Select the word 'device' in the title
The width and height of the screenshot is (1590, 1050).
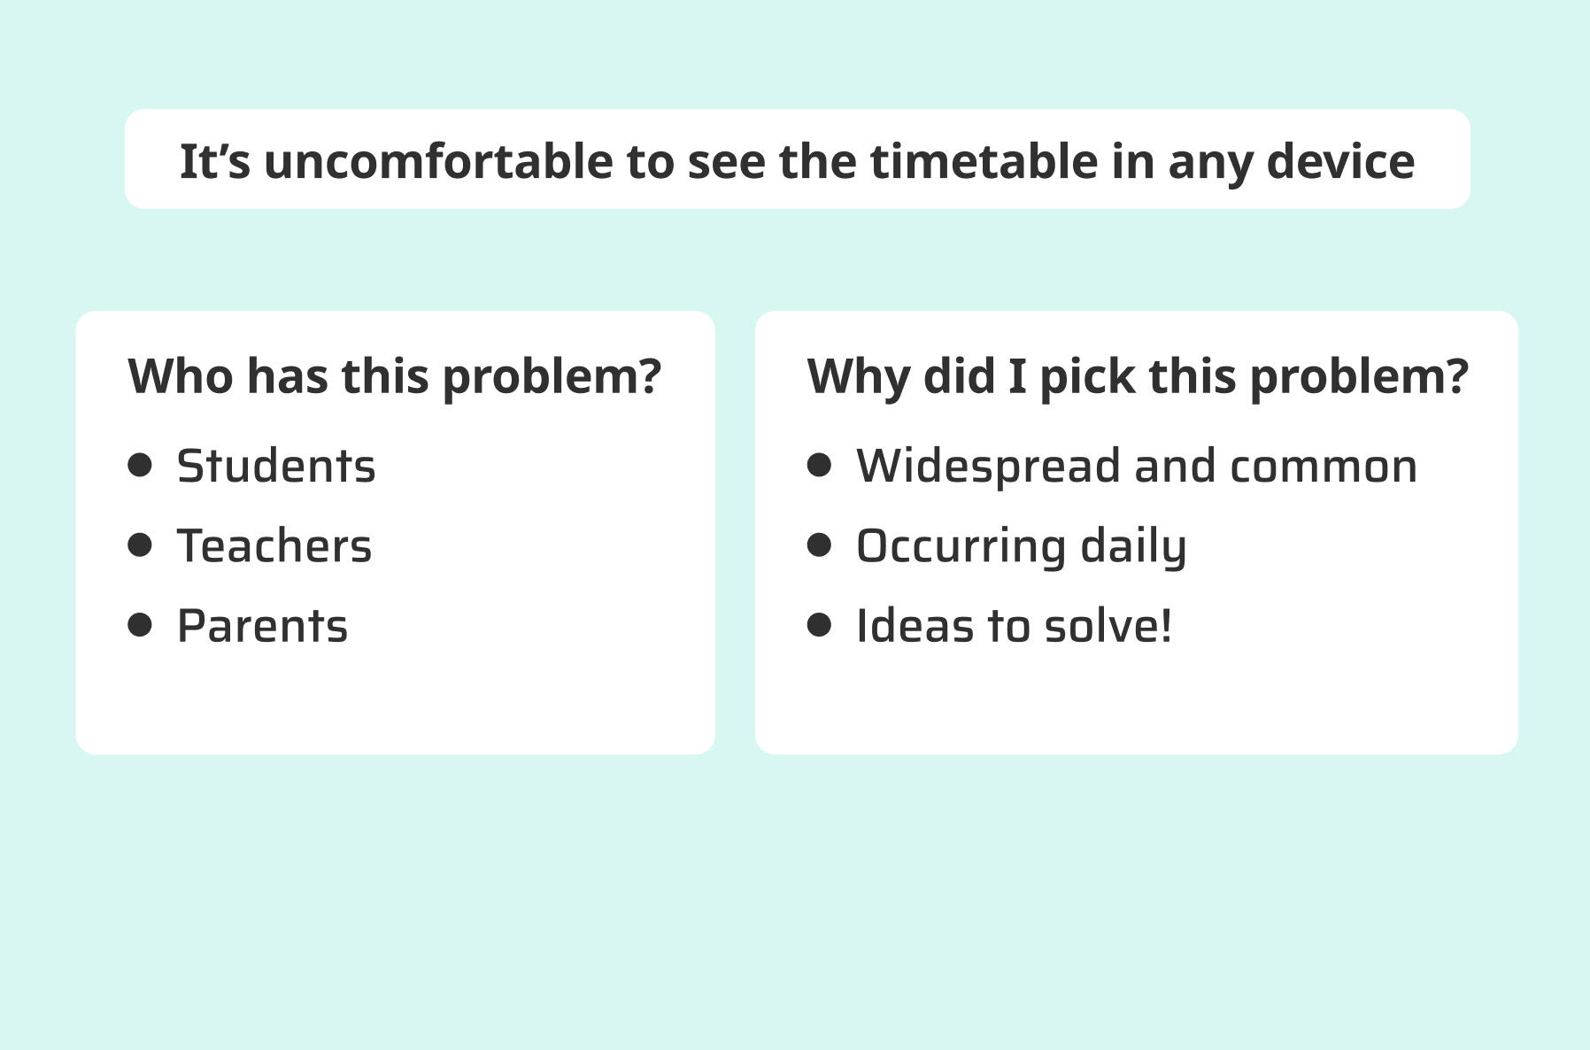(x=1341, y=162)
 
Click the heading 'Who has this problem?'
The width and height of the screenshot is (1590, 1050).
(x=395, y=377)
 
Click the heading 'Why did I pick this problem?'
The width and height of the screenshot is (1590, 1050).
(x=1138, y=377)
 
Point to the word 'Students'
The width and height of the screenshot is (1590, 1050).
(x=276, y=467)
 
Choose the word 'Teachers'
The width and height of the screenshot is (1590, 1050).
(x=274, y=546)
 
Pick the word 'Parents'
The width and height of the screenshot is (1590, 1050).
(x=262, y=626)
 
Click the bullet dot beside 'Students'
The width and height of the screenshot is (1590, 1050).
(x=140, y=465)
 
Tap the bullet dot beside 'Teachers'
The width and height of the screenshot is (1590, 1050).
(x=140, y=544)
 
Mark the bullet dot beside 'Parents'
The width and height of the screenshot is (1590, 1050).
(x=140, y=625)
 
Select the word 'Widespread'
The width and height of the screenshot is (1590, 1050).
(x=988, y=467)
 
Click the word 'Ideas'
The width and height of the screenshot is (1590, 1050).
(x=914, y=626)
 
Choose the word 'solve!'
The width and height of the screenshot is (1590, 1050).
(x=1108, y=626)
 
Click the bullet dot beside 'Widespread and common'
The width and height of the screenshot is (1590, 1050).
(x=820, y=465)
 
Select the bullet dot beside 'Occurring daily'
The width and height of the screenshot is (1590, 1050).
(x=820, y=544)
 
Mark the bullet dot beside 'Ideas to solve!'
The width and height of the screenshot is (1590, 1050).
(x=820, y=625)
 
